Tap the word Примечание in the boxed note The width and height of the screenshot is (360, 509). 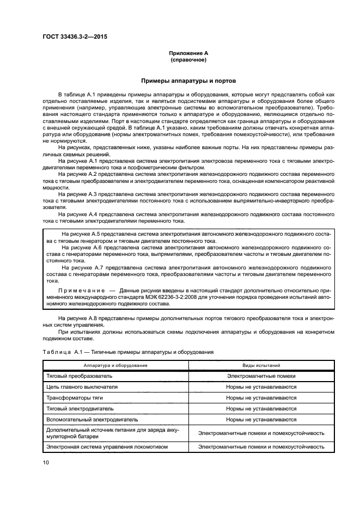[x=81, y=291]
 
